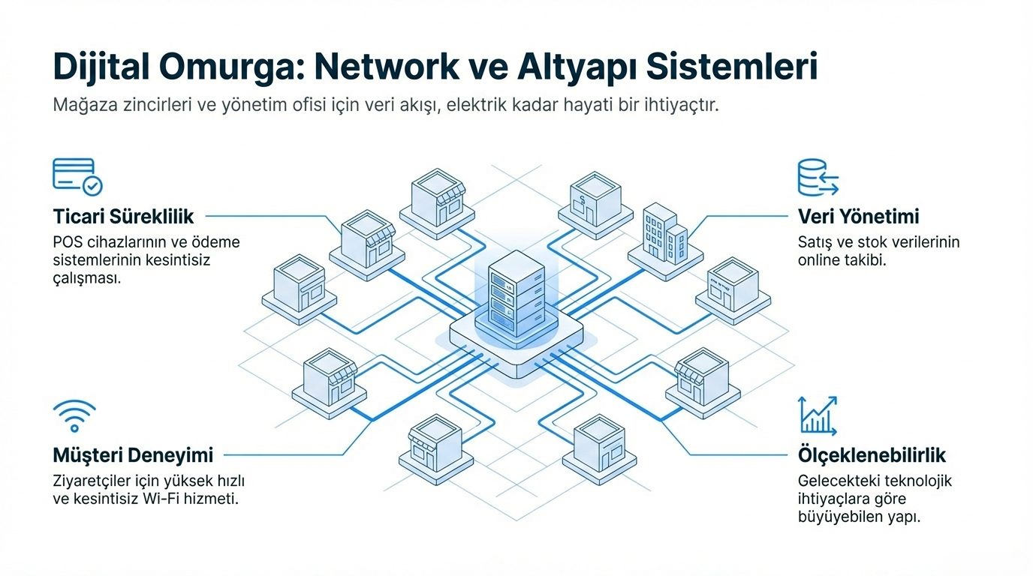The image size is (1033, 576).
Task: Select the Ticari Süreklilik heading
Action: pyautogui.click(x=123, y=217)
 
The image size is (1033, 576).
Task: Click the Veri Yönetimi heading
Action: pyautogui.click(x=858, y=217)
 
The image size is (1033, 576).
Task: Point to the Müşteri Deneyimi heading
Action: pyautogui.click(x=133, y=454)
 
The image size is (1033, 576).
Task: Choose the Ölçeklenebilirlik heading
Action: pyautogui.click(x=872, y=455)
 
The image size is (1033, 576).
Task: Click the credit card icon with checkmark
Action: pyautogui.click(x=77, y=177)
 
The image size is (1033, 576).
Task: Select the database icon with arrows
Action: pyautogui.click(x=817, y=178)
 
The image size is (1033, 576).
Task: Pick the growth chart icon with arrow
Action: pyautogui.click(x=818, y=415)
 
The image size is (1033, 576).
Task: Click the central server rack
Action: pyautogui.click(x=514, y=297)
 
